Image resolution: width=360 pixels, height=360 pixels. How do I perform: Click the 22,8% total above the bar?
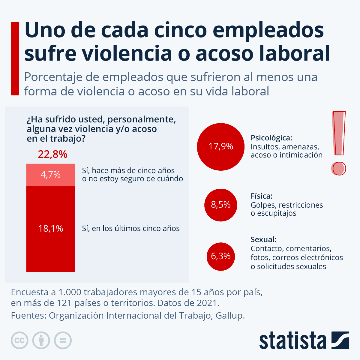[x=52, y=154]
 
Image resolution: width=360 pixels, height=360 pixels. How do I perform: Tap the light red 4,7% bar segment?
[x=50, y=175]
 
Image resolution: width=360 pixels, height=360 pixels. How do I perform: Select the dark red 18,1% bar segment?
[x=50, y=229]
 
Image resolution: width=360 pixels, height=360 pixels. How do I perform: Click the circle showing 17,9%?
[x=221, y=146]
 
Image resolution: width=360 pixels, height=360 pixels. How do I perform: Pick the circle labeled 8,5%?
[x=221, y=205]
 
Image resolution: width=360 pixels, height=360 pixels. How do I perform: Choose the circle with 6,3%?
[x=221, y=256]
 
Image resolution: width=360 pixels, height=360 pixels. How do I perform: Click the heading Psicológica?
[x=271, y=138]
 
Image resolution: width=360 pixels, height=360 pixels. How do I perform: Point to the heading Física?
[x=262, y=196]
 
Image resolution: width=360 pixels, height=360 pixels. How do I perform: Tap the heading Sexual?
[x=263, y=240]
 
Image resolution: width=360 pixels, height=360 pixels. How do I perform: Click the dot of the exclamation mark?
[x=339, y=169]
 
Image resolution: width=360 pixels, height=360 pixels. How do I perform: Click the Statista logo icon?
[x=340, y=340]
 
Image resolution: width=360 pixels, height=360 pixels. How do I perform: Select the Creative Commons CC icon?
[x=19, y=340]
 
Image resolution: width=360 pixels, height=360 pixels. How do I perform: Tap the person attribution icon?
[x=41, y=340]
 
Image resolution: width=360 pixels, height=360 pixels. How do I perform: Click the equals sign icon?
[x=63, y=340]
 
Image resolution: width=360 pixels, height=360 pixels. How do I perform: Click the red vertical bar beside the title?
[x=15, y=58]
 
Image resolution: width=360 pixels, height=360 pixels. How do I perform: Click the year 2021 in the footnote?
[x=207, y=303]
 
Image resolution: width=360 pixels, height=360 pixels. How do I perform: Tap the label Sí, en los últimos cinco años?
[x=131, y=229]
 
